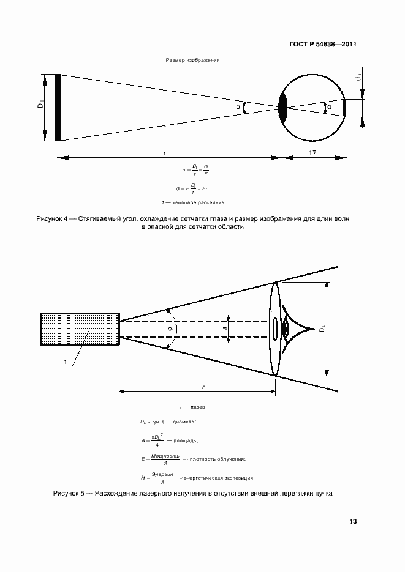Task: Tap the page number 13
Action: point(352,522)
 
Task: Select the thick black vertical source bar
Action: point(58,108)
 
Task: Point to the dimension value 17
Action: point(312,152)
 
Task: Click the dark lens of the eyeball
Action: point(282,108)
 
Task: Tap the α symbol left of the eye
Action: point(239,107)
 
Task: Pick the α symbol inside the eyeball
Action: point(329,107)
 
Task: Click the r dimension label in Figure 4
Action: point(165,152)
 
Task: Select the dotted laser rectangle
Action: point(80,331)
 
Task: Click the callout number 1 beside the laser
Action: point(64,363)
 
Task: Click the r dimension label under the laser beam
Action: point(202,387)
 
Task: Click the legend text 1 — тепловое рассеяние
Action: point(192,202)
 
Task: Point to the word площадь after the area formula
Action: point(186,440)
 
